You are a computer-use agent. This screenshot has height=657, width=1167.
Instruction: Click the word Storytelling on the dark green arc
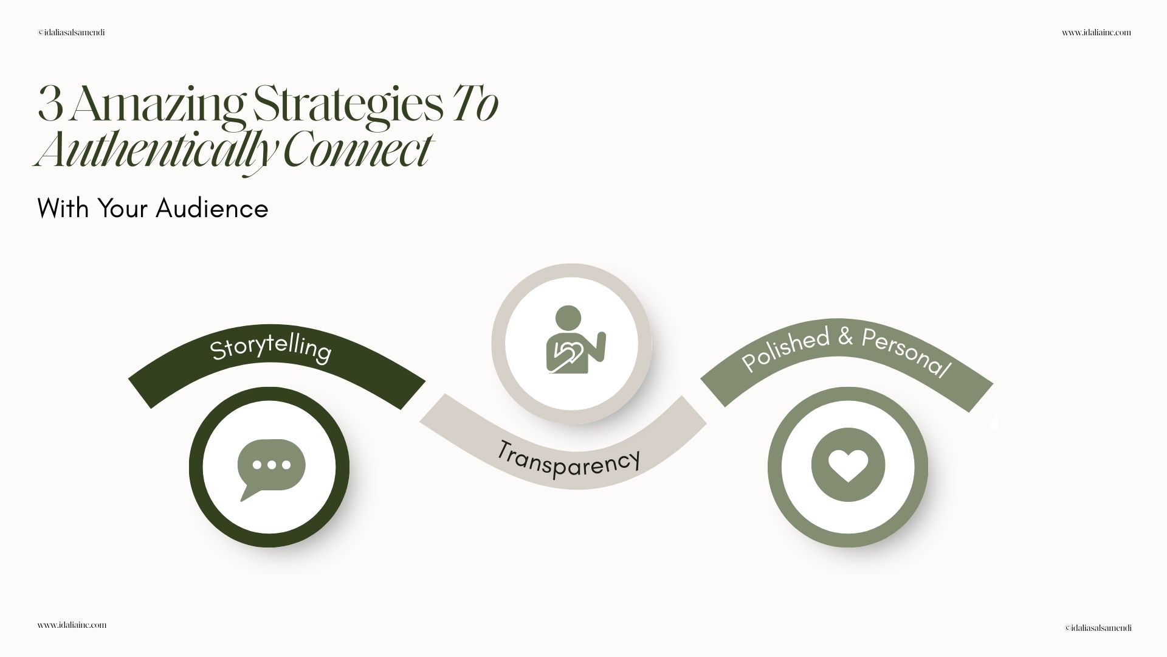(x=270, y=349)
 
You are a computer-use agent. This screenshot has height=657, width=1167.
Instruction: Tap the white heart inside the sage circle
(x=848, y=465)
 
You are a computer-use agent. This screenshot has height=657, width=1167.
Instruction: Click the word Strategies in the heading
(x=348, y=105)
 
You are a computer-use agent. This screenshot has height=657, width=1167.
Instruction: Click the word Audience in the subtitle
(x=212, y=209)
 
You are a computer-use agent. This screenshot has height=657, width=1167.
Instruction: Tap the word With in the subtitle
(x=63, y=209)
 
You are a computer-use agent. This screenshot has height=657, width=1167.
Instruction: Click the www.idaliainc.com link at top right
(x=1096, y=33)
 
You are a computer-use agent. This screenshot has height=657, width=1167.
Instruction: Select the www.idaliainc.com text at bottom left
(x=72, y=625)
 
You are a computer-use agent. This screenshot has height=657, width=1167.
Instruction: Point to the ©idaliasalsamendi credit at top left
(x=71, y=33)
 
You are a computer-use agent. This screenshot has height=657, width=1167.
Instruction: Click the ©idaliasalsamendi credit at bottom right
(x=1098, y=628)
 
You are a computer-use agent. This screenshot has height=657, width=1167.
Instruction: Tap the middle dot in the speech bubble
(x=271, y=465)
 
